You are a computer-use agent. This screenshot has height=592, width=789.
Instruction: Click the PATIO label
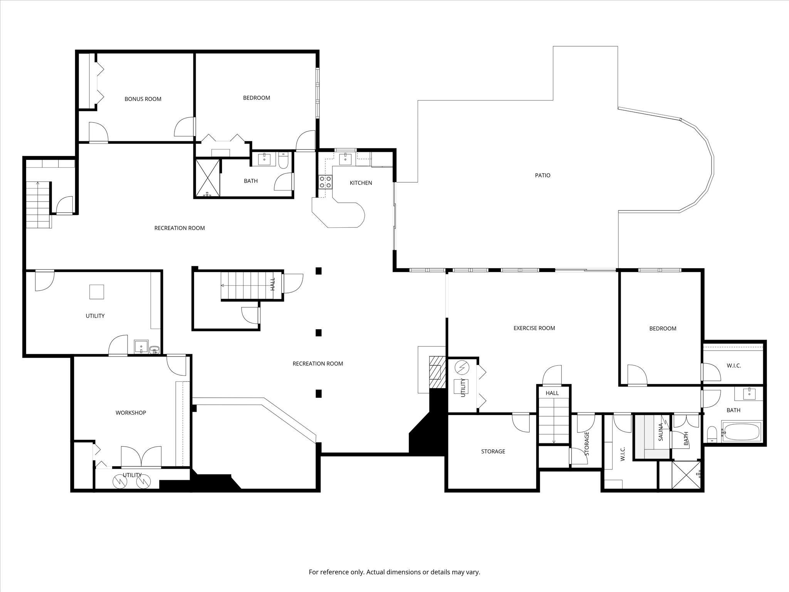tap(542, 175)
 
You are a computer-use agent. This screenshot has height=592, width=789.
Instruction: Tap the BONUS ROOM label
tap(143, 99)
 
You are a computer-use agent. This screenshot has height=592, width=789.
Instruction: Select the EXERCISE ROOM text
tap(534, 328)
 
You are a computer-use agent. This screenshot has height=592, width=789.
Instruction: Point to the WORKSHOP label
tap(131, 413)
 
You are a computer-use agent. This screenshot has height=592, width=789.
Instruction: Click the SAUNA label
tap(660, 432)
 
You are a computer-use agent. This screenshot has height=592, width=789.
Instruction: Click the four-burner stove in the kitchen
tap(326, 182)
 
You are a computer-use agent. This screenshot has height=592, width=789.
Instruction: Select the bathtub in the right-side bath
tap(741, 432)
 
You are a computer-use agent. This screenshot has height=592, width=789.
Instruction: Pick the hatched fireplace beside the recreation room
tap(435, 372)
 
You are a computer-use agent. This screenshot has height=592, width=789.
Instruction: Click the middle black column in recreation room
tap(319, 332)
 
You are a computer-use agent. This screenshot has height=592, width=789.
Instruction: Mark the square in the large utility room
tap(96, 292)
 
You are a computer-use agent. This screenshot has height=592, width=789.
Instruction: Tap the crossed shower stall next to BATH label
tap(207, 178)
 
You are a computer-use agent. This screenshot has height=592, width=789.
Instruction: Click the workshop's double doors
tap(141, 457)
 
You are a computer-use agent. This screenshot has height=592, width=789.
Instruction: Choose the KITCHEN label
tap(361, 183)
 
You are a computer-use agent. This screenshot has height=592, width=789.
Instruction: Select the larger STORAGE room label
tap(493, 451)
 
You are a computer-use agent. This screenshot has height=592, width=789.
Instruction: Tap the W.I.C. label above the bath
tap(734, 366)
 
